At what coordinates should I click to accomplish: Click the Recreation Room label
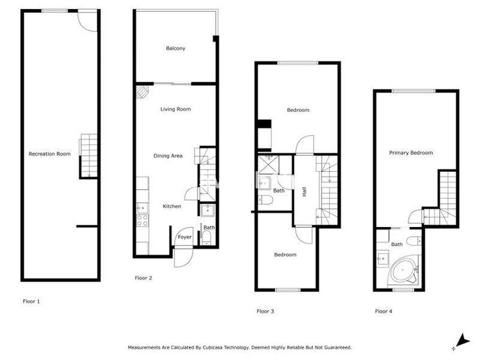(49, 154)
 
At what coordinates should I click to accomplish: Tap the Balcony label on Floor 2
(175, 49)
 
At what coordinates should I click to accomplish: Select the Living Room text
(175, 109)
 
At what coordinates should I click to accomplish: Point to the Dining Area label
(168, 155)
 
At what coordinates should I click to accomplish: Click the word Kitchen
(172, 206)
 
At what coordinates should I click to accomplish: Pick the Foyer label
(184, 237)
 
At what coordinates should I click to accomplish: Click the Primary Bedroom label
(411, 153)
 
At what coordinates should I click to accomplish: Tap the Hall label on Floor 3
(304, 191)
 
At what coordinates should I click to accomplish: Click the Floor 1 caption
(31, 301)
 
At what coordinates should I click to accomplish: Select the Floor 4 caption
(383, 311)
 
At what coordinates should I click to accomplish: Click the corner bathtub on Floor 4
(403, 270)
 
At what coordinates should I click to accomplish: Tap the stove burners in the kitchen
(142, 220)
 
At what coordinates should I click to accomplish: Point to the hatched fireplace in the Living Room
(142, 92)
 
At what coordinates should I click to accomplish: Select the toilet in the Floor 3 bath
(266, 200)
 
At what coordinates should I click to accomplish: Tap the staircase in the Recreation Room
(89, 156)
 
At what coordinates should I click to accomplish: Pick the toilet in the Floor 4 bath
(415, 240)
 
